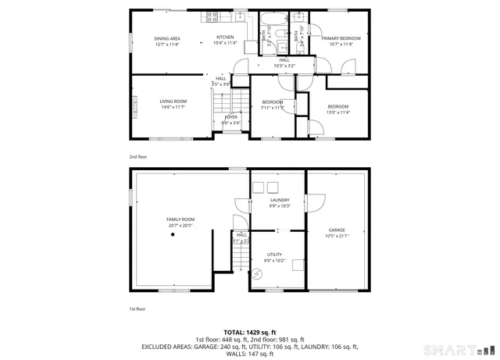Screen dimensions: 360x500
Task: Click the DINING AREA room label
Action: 167,38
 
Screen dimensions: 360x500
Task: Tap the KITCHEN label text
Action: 225,37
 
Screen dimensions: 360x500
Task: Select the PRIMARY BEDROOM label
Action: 341,38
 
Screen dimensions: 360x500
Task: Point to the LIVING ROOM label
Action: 173,101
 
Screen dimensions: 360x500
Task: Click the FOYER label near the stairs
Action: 230,117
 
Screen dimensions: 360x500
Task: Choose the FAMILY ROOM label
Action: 180,219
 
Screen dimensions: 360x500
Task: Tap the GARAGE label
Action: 337,230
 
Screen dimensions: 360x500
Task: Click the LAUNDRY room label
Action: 280,200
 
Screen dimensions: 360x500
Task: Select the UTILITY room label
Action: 274,255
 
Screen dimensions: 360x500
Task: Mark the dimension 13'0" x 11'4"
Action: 337,112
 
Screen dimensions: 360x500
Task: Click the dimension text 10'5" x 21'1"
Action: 337,236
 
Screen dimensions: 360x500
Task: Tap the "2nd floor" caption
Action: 137,157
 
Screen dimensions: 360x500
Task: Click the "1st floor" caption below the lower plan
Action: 137,309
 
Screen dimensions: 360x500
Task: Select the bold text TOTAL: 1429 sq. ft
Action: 249,332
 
